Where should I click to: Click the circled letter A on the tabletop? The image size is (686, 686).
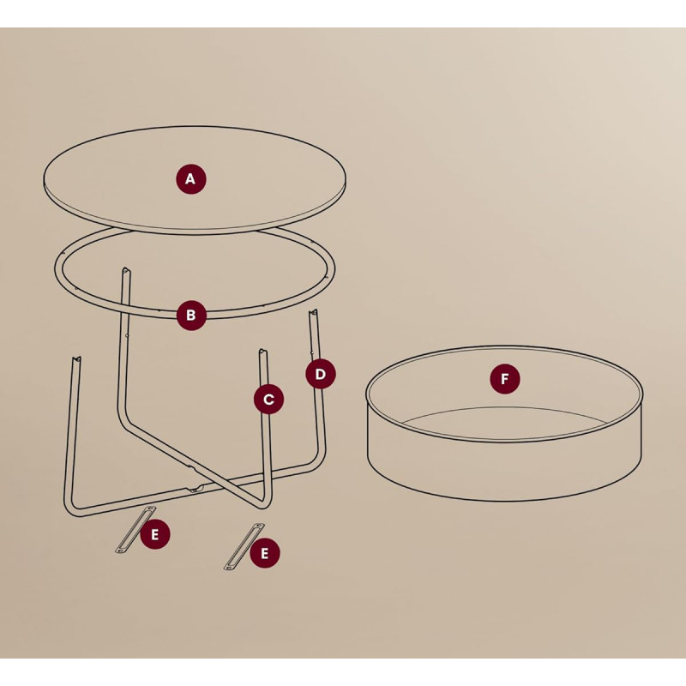tap(191, 179)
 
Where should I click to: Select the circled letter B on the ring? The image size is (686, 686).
tap(191, 315)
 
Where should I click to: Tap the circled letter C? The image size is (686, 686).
tap(268, 399)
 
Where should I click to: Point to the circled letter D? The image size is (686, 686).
tap(320, 374)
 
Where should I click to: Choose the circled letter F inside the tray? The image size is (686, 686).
tap(505, 379)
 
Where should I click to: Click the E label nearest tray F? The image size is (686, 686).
tap(265, 553)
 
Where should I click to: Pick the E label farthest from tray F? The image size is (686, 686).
tap(155, 534)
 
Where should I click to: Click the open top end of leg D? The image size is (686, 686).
tap(314, 312)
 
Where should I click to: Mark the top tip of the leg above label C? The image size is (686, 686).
tap(262, 352)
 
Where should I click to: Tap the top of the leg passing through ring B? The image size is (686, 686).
tap(125, 270)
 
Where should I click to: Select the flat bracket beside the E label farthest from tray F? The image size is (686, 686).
tap(135, 529)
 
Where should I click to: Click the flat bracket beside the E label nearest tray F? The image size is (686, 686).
tap(244, 546)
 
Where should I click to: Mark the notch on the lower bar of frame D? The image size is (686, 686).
tap(196, 489)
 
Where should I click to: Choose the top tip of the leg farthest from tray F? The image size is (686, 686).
tap(76, 360)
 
